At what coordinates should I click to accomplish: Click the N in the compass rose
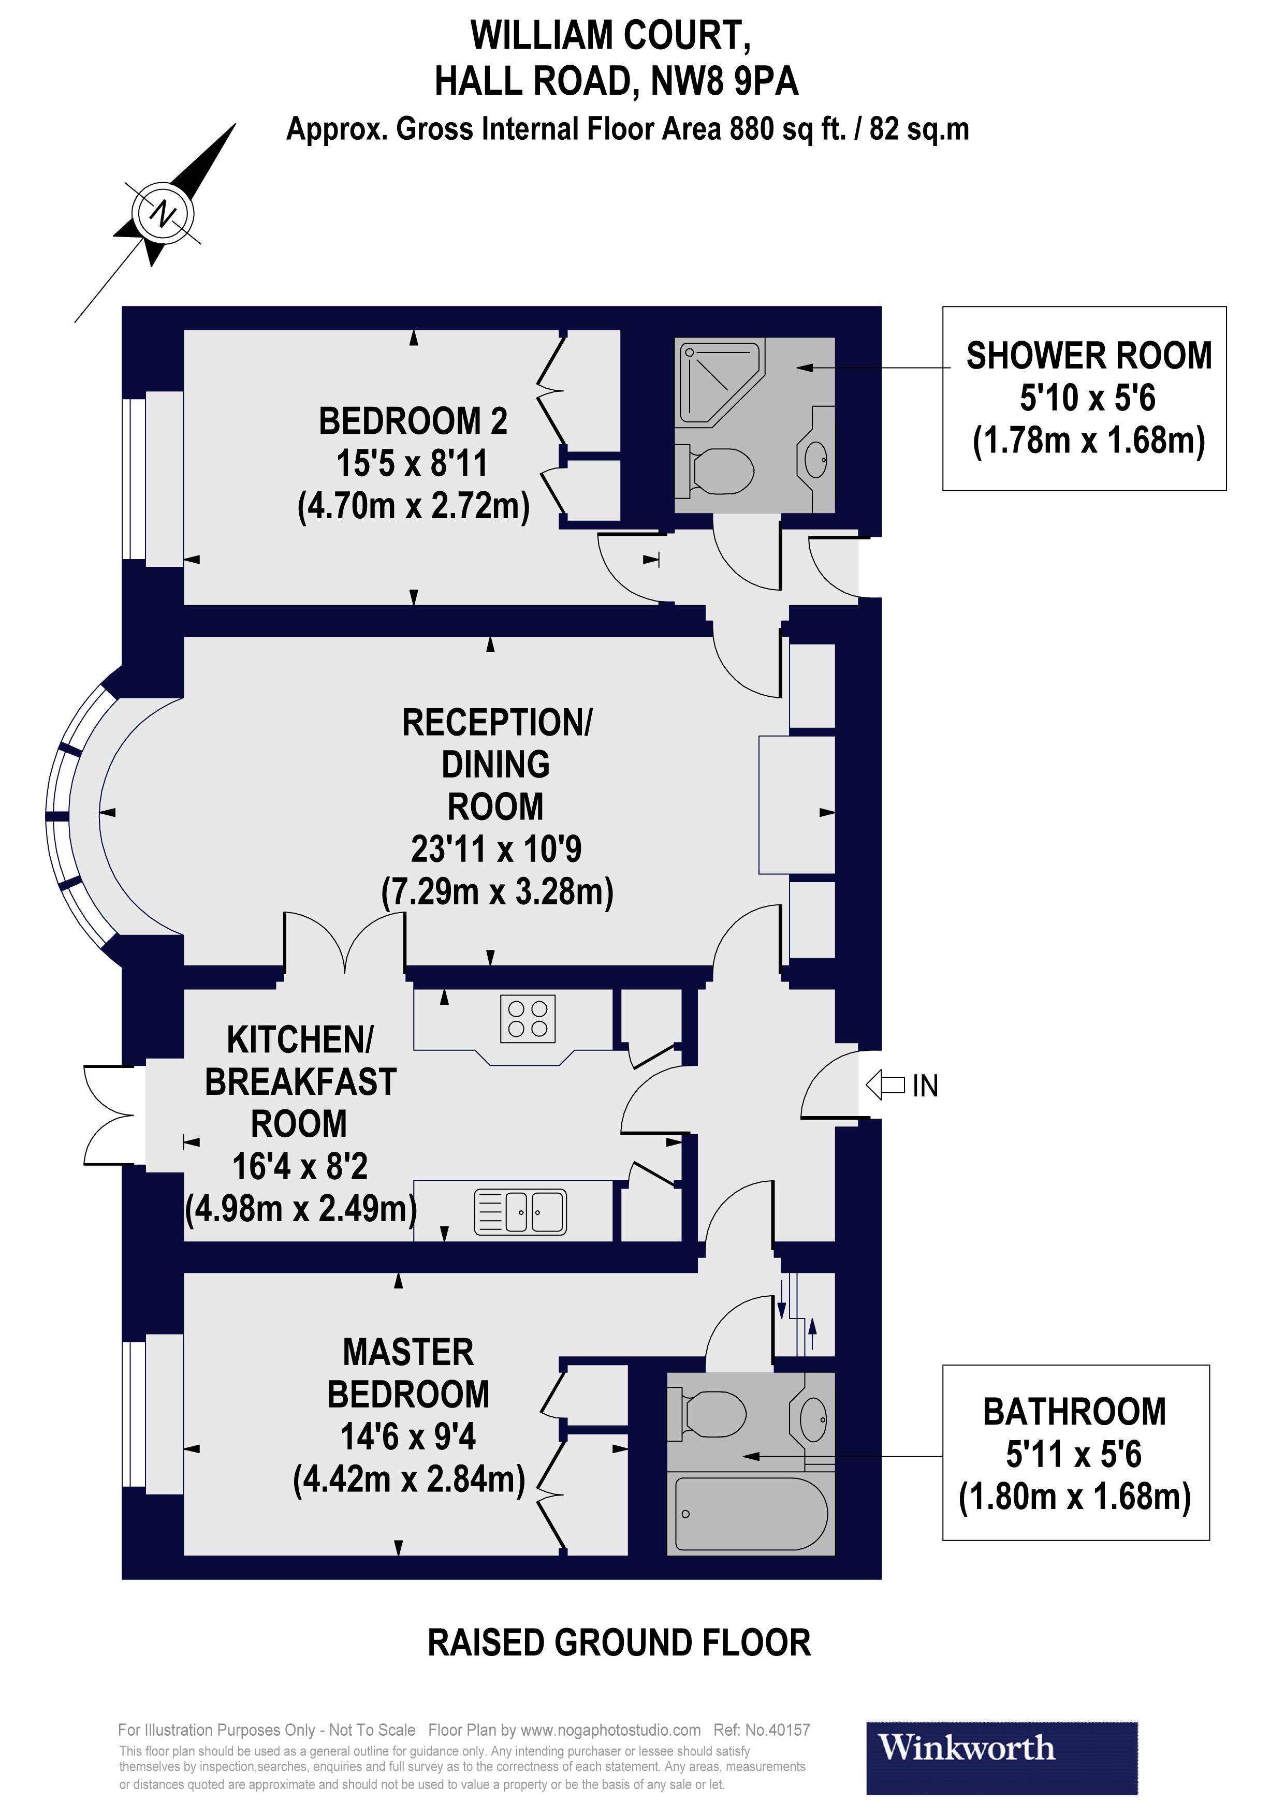164,214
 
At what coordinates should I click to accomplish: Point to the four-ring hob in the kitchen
528,1018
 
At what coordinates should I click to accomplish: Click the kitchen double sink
520,1212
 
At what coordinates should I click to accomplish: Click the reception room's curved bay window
73,815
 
